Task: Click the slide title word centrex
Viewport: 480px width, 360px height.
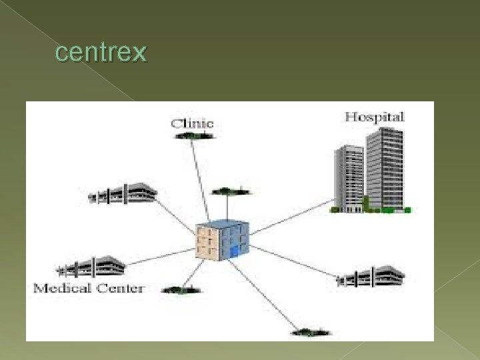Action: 100,52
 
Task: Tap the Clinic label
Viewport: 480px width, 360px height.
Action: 192,123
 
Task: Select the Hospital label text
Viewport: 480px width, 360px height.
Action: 374,117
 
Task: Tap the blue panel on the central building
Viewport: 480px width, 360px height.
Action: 233,251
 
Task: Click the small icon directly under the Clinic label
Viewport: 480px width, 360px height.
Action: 194,136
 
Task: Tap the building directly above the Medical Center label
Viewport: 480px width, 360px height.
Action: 92,267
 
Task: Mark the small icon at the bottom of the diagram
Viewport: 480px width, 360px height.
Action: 311,331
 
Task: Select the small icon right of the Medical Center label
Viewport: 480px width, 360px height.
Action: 181,289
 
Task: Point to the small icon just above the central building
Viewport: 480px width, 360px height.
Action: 231,192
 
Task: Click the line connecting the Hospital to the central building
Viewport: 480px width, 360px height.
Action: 293,217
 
